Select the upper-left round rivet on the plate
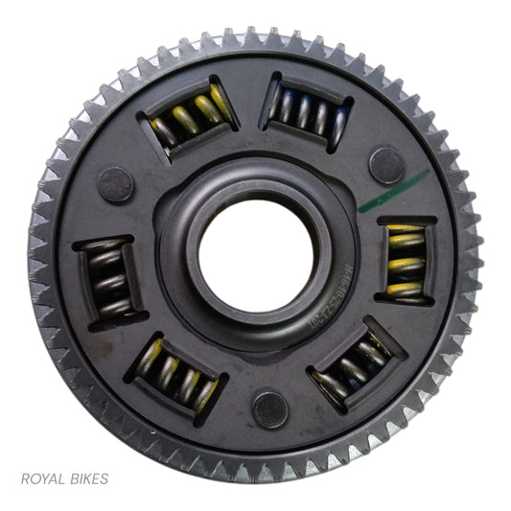[113, 179]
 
